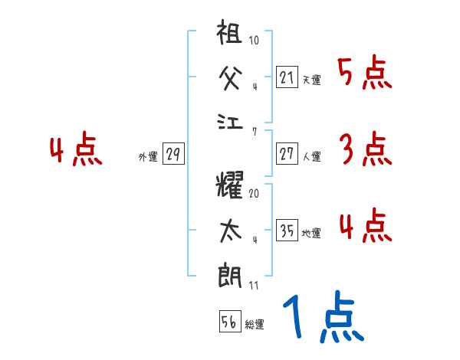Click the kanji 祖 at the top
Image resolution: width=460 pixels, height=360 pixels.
(x=231, y=34)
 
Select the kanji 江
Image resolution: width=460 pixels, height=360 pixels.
(x=231, y=123)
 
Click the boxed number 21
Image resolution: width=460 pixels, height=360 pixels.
(x=287, y=77)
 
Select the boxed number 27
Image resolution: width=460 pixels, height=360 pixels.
(x=287, y=154)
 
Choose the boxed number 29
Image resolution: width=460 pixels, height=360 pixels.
(x=172, y=155)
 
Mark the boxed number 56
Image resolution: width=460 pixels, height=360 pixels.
(x=229, y=322)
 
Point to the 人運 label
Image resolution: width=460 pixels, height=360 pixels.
(x=311, y=157)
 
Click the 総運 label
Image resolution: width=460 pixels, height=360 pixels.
(x=255, y=325)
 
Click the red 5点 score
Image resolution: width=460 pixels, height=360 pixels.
(x=365, y=74)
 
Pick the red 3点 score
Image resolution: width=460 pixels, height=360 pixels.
(x=365, y=149)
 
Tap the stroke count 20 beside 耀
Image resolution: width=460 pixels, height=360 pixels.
(x=254, y=193)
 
